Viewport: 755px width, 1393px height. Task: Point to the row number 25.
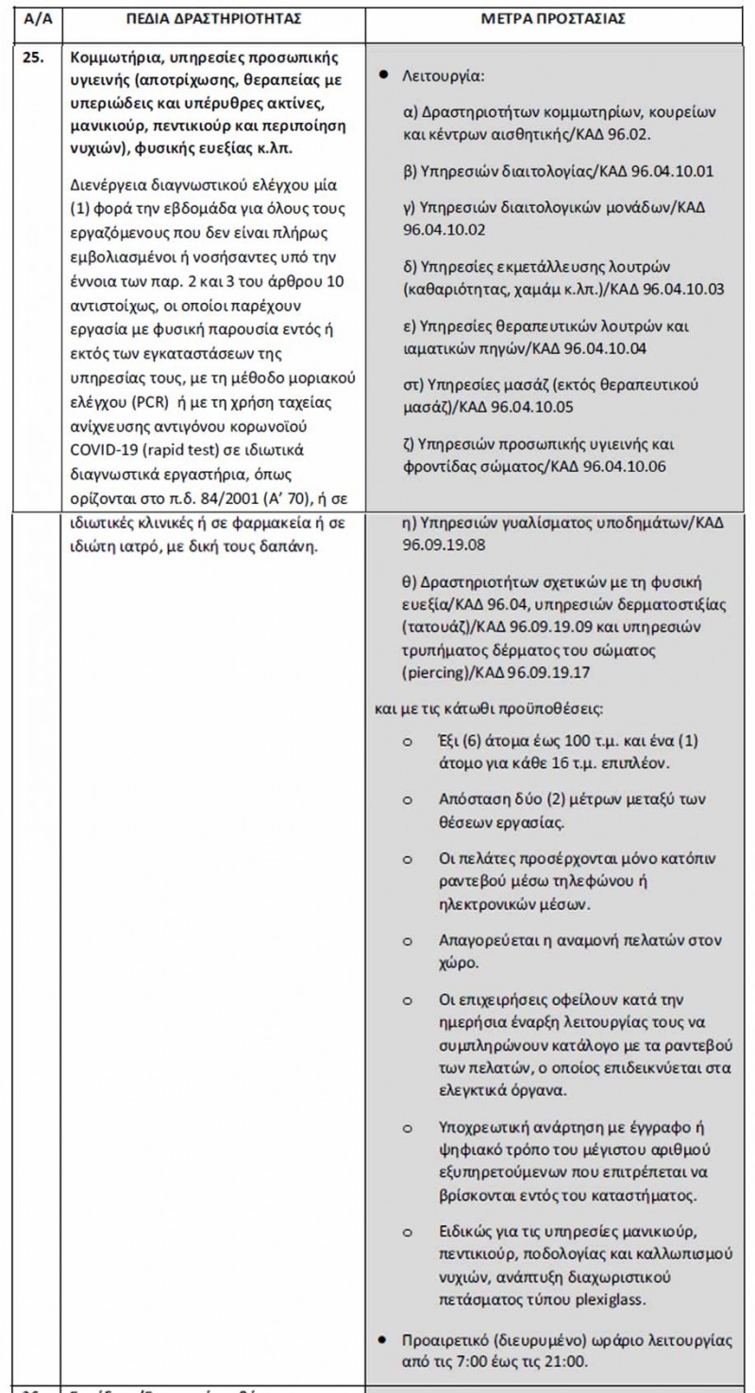tap(33, 56)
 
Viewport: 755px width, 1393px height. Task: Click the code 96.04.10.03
tap(681, 289)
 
